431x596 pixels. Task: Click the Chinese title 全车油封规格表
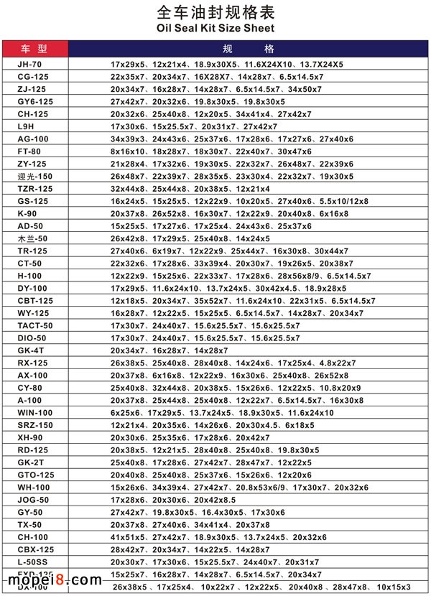pyautogui.click(x=215, y=12)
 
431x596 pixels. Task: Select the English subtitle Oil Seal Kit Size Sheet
pyautogui.click(x=215, y=29)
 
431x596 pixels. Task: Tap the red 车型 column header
pyautogui.click(x=34, y=49)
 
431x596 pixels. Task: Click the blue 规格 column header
pyautogui.click(x=249, y=49)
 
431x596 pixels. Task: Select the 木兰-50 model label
pyautogui.click(x=32, y=238)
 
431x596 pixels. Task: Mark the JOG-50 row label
pyautogui.click(x=33, y=499)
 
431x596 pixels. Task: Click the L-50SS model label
pyautogui.click(x=33, y=562)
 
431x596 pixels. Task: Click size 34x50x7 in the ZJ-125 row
pyautogui.click(x=305, y=89)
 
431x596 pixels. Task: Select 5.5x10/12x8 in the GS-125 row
pyautogui.click(x=340, y=201)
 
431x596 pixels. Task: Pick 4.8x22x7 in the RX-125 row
pyautogui.click(x=337, y=363)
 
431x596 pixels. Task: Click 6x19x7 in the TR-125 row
pyautogui.click(x=166, y=251)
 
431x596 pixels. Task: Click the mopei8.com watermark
pyautogui.click(x=50, y=579)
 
